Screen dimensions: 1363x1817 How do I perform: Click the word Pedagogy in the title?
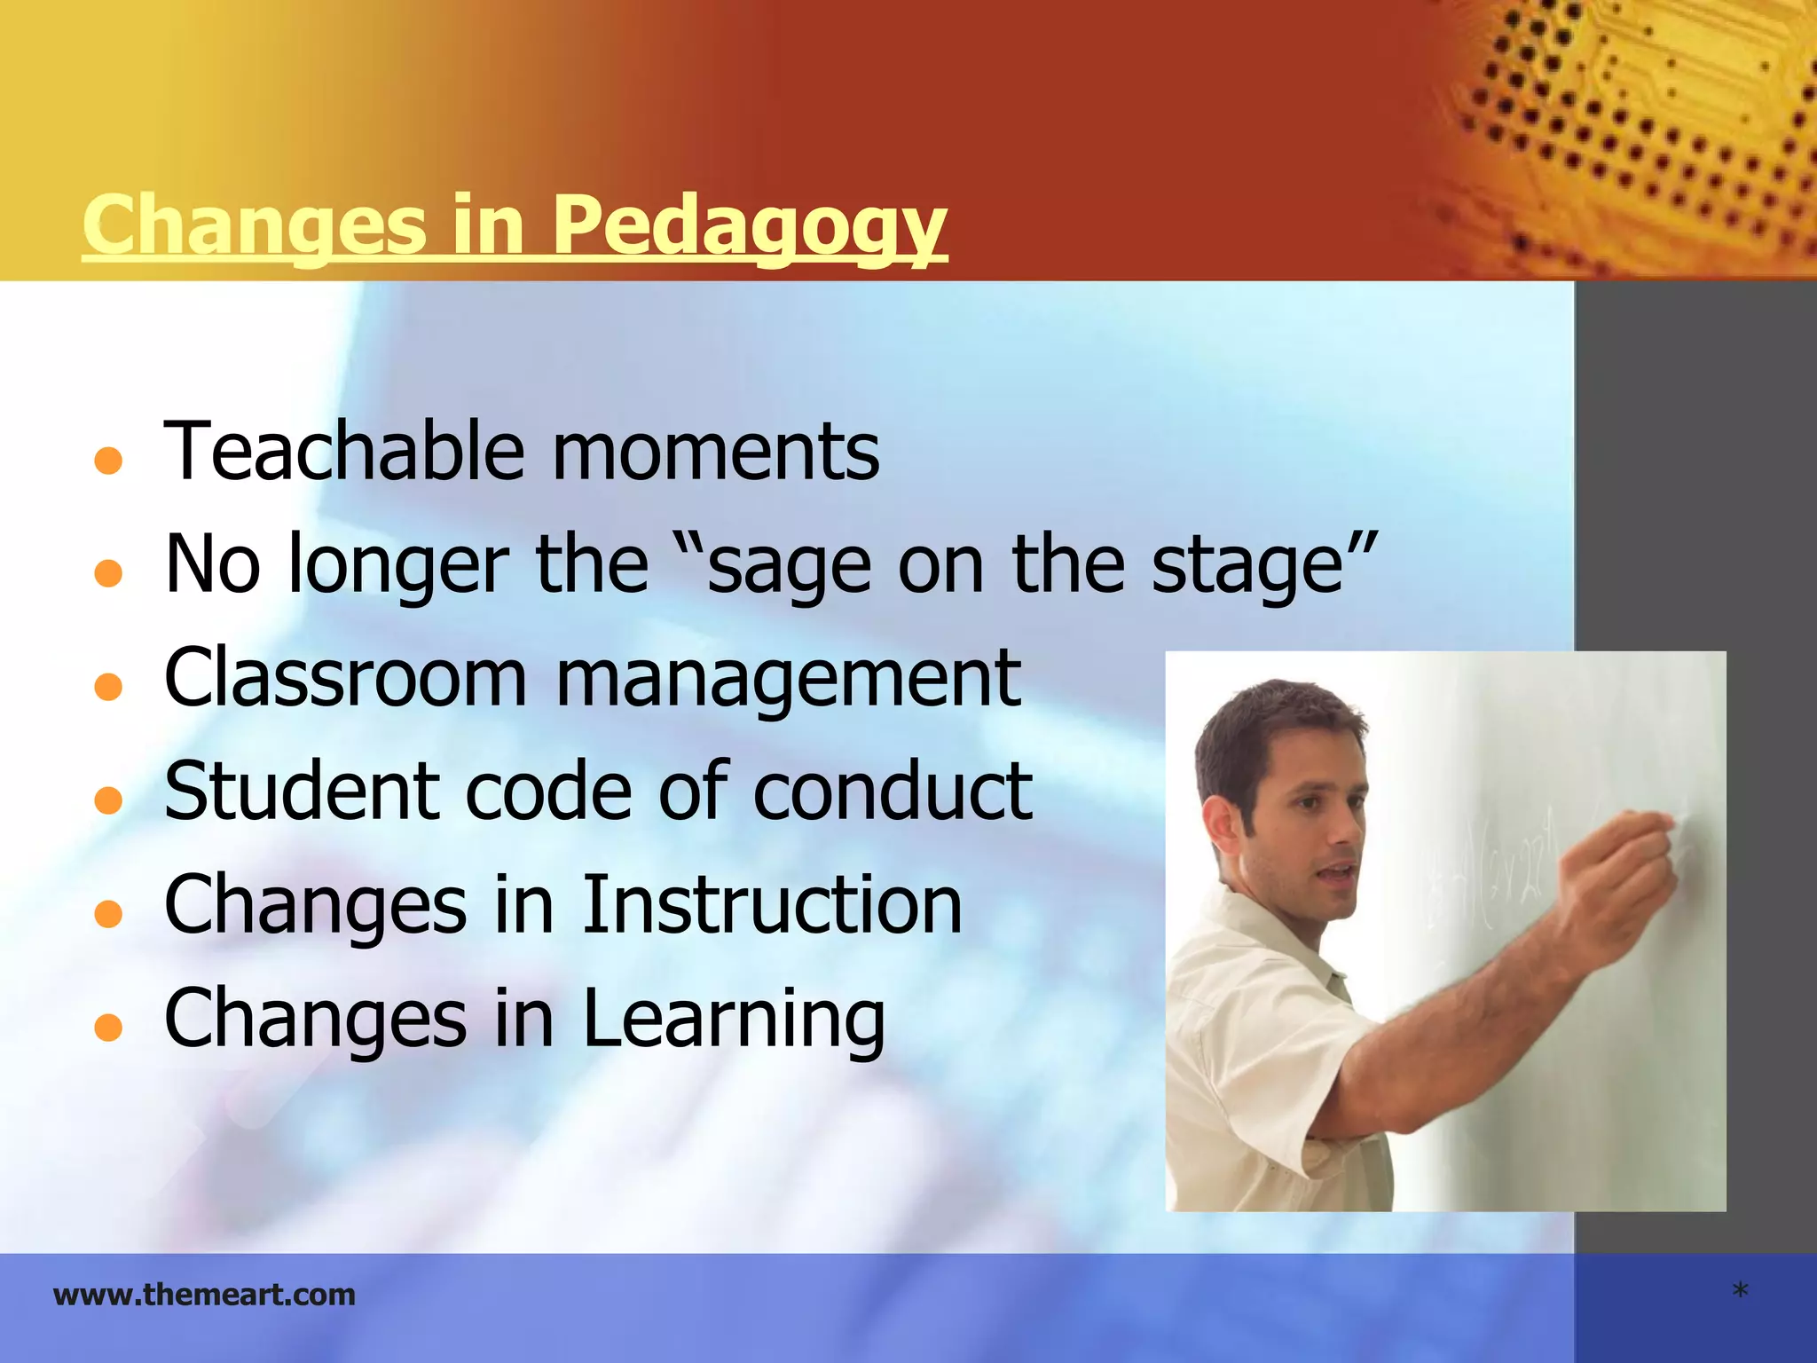tap(750, 226)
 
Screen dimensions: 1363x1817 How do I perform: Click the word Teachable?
tap(345, 452)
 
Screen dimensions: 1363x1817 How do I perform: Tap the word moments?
tap(716, 452)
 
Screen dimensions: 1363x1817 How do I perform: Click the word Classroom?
tap(345, 679)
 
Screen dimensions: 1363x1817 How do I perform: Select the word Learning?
tap(733, 1020)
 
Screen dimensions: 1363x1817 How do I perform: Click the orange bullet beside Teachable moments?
tap(107, 461)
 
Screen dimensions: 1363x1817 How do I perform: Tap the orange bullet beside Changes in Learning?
tap(107, 1027)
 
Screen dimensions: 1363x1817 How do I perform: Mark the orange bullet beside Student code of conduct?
tap(107, 800)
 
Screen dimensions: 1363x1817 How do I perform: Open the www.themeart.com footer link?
tap(204, 1295)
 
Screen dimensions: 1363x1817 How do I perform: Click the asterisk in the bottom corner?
tap(1740, 1291)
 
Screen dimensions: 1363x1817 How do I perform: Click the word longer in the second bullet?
tap(399, 566)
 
